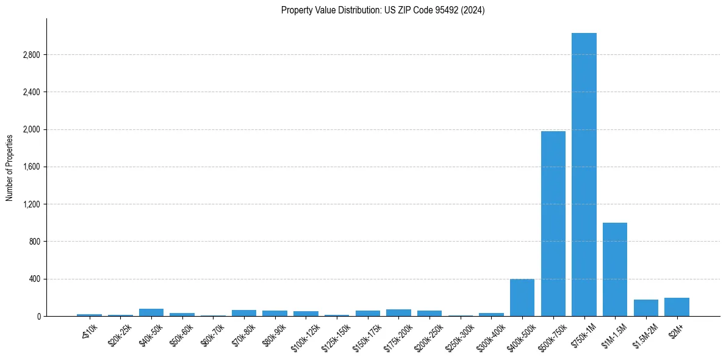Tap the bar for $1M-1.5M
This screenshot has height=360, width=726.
[x=615, y=269]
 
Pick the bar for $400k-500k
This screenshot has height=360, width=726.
[x=522, y=298]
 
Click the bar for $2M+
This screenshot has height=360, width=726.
[x=677, y=307]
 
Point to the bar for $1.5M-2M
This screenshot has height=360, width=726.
[x=646, y=308]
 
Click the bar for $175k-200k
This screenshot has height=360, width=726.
[x=398, y=312]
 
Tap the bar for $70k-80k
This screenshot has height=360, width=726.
[x=244, y=313]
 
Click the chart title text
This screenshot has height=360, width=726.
[x=383, y=10]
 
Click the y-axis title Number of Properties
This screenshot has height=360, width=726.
[x=10, y=167]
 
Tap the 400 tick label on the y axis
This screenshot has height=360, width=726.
[x=34, y=279]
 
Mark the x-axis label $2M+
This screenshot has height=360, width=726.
[x=677, y=330]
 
